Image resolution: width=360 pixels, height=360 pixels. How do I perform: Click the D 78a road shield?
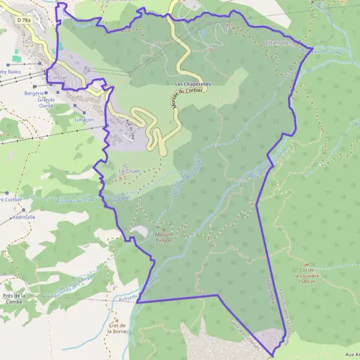click(25, 20)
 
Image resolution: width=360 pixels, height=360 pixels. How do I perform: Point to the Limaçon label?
click(83, 119)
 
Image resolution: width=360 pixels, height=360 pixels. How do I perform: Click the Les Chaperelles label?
click(193, 85)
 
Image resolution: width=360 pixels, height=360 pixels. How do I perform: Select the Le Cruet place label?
click(129, 171)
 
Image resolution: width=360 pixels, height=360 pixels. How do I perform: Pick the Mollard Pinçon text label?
click(163, 237)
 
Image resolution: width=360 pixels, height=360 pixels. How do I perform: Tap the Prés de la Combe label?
click(14, 299)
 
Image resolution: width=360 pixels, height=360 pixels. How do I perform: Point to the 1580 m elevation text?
click(306, 281)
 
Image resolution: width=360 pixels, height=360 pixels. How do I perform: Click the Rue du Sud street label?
click(128, 128)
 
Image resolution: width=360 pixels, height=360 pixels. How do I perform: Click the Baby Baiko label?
click(10, 72)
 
